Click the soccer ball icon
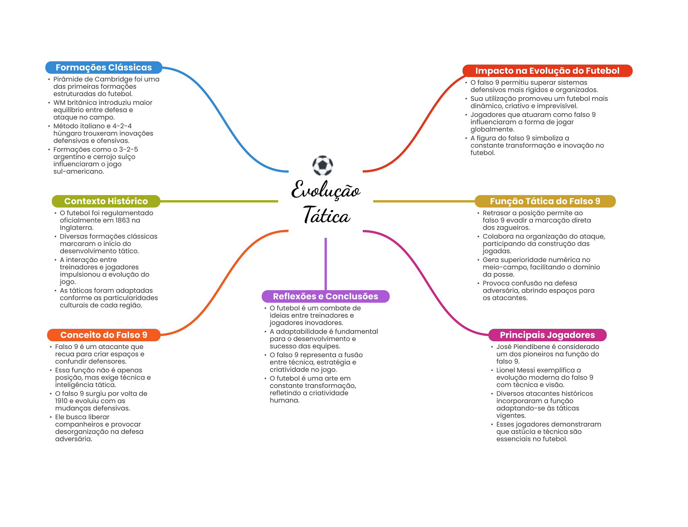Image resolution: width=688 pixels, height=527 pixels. pos(322,165)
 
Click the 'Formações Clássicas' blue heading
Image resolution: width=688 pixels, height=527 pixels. pos(103,68)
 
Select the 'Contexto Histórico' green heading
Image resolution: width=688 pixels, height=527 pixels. pos(106,201)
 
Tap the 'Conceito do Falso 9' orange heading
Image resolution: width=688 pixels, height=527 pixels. pos(103,335)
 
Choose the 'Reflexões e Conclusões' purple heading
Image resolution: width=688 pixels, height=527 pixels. pos(325,296)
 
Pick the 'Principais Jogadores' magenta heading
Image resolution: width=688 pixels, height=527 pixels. pos(547,335)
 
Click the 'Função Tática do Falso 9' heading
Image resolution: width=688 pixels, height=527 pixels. pos(545,201)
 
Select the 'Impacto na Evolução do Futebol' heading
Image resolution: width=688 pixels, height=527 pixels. pos(547,71)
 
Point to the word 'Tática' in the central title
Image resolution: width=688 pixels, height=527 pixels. pos(326,216)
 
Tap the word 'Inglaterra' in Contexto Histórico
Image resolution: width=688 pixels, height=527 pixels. pos(76,228)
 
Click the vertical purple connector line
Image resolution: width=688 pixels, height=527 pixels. pos(326,264)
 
